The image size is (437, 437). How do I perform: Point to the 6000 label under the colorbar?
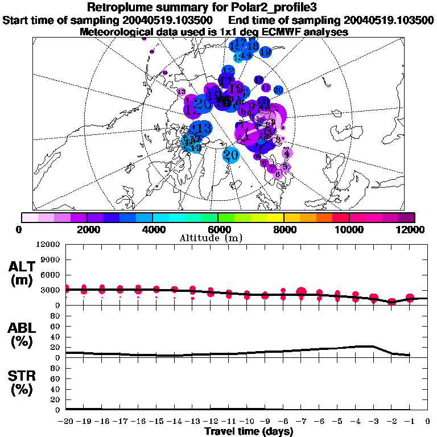pyautogui.click(x=217, y=229)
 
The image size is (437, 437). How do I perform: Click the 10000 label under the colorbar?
pyautogui.click(x=349, y=229)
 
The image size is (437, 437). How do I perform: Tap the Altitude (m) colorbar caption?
pyautogui.click(x=218, y=238)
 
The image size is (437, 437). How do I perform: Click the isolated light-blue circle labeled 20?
pyautogui.click(x=230, y=154)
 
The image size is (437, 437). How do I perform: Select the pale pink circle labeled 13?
pyautogui.click(x=182, y=92)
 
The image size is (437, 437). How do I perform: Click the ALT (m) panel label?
pyautogui.click(x=23, y=273)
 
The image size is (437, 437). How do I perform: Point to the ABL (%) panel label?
pyautogui.click(x=23, y=335)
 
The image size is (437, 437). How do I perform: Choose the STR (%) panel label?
pyautogui.click(x=23, y=383)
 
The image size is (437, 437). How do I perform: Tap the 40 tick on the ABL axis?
pyautogui.click(x=56, y=337)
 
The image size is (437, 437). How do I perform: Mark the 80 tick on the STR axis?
pyautogui.click(x=56, y=368)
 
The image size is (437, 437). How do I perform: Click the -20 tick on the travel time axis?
pyautogui.click(x=66, y=422)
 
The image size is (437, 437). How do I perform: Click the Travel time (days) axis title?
pyautogui.click(x=249, y=431)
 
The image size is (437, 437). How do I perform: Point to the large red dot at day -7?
pyautogui.click(x=301, y=292)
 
